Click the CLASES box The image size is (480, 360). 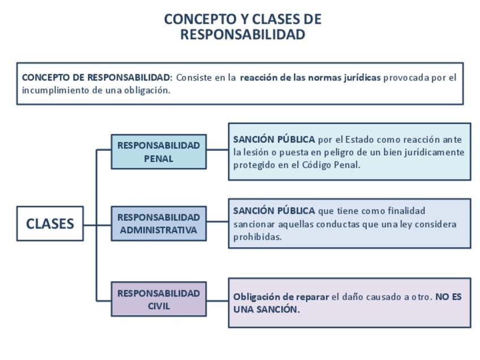coord(50,224)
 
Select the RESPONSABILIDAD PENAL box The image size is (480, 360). coord(158,152)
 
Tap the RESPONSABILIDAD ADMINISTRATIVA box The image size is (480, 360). coord(158,224)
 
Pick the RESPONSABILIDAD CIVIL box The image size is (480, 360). coord(158,299)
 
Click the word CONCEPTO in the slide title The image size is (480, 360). coord(192,19)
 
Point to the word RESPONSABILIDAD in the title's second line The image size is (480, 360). coord(242,35)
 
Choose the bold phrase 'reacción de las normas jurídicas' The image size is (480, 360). coord(310,78)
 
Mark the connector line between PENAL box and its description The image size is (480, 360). coord(217,150)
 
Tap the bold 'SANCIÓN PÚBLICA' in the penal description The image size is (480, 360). coord(274,139)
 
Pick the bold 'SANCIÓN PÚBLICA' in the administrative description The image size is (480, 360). coord(274,211)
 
